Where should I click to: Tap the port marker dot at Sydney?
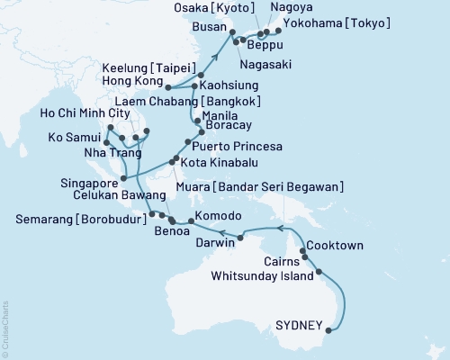[x=327, y=330]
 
